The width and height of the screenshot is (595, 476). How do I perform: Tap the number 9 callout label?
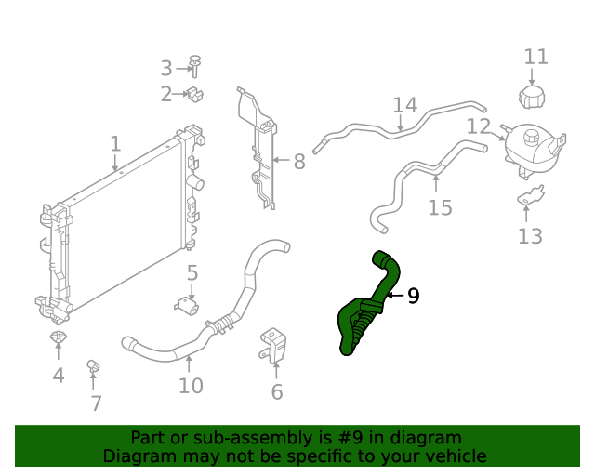414,297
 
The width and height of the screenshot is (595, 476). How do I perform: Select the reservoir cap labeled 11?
535,95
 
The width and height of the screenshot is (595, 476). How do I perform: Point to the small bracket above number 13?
531,196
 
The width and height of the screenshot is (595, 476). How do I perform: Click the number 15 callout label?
440,207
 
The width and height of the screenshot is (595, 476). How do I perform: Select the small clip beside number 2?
195,93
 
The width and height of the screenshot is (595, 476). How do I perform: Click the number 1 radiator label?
115,144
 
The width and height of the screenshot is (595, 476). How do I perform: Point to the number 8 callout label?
299,163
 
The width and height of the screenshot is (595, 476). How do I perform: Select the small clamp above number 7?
93,365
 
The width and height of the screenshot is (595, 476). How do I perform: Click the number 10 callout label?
191,386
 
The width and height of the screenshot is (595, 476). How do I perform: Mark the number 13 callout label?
530,237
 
